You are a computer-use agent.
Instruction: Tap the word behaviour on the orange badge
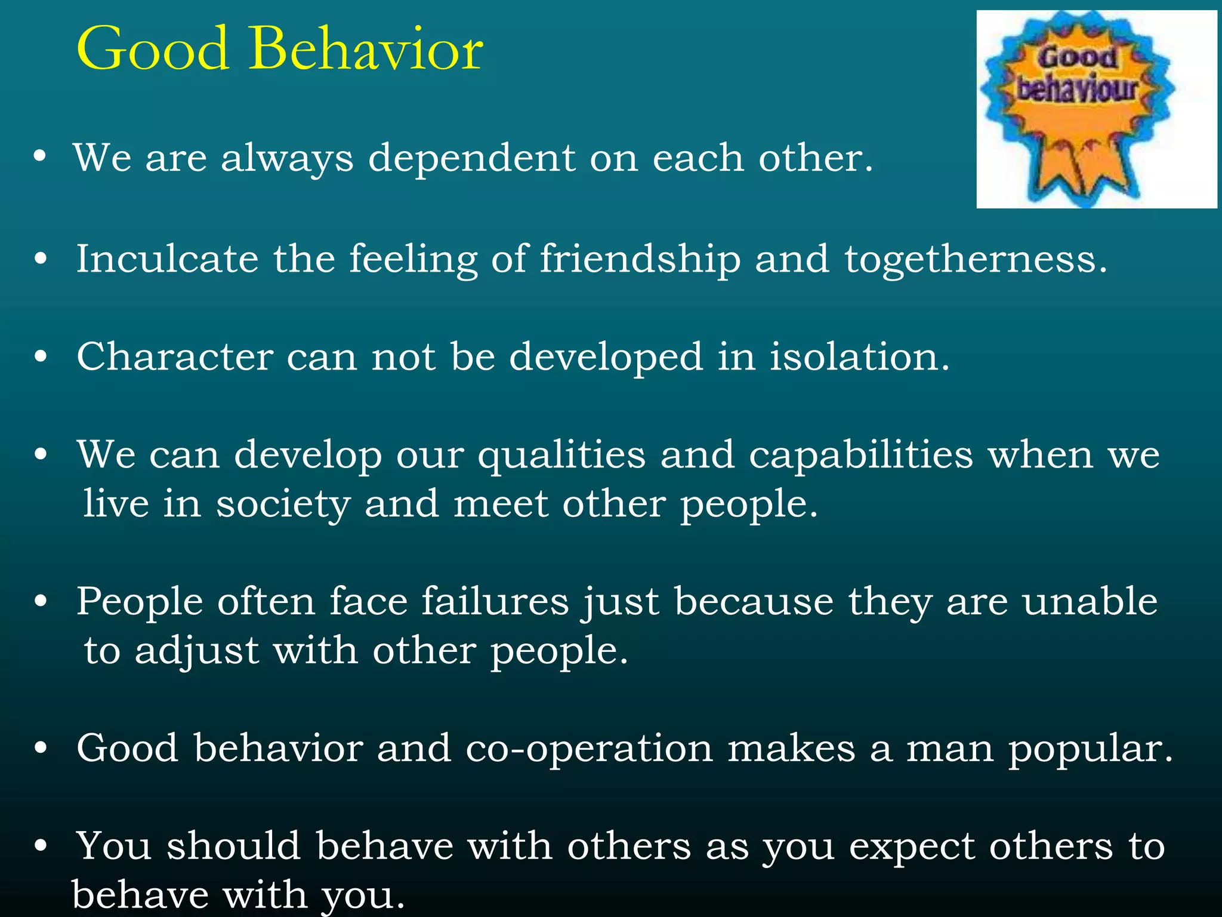tap(1077, 90)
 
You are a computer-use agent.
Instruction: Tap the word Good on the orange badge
tap(1078, 58)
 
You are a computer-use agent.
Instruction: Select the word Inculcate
tap(168, 259)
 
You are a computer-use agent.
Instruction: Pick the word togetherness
tap(975, 260)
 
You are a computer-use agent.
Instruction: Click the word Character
tap(175, 357)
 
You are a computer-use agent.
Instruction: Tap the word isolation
tap(859, 357)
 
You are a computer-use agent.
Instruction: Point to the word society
tap(283, 505)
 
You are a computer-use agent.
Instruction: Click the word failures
tap(495, 601)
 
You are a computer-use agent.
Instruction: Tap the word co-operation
tap(589, 749)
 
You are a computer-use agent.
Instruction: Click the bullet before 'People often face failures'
tap(41, 602)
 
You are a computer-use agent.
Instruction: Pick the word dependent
tap(472, 159)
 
